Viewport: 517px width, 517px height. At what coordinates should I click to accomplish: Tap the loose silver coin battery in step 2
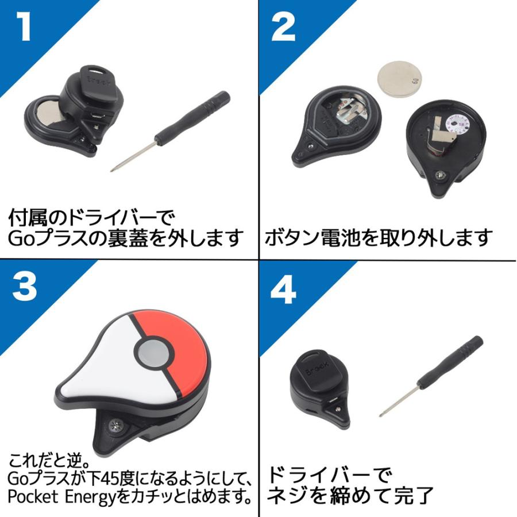(396, 79)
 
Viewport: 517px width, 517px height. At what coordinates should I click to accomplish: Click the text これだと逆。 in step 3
(49, 460)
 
